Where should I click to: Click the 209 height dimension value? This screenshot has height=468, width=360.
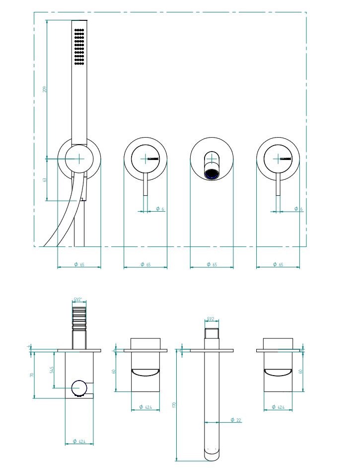(x=45, y=89)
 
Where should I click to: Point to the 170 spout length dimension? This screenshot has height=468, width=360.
(x=174, y=405)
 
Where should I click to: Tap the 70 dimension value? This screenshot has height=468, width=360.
(x=31, y=375)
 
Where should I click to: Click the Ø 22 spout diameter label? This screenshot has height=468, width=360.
(x=236, y=421)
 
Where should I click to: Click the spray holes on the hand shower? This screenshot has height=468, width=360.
(x=79, y=47)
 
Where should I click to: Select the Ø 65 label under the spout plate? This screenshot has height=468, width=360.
(x=212, y=264)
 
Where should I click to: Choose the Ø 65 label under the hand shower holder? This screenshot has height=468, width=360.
(x=79, y=264)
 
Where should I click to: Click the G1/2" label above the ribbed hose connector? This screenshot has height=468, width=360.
(x=78, y=299)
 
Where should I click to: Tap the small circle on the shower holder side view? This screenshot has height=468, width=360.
(x=78, y=387)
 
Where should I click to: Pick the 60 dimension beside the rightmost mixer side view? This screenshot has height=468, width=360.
(x=301, y=371)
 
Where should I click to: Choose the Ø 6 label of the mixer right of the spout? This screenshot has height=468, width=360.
(x=298, y=209)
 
